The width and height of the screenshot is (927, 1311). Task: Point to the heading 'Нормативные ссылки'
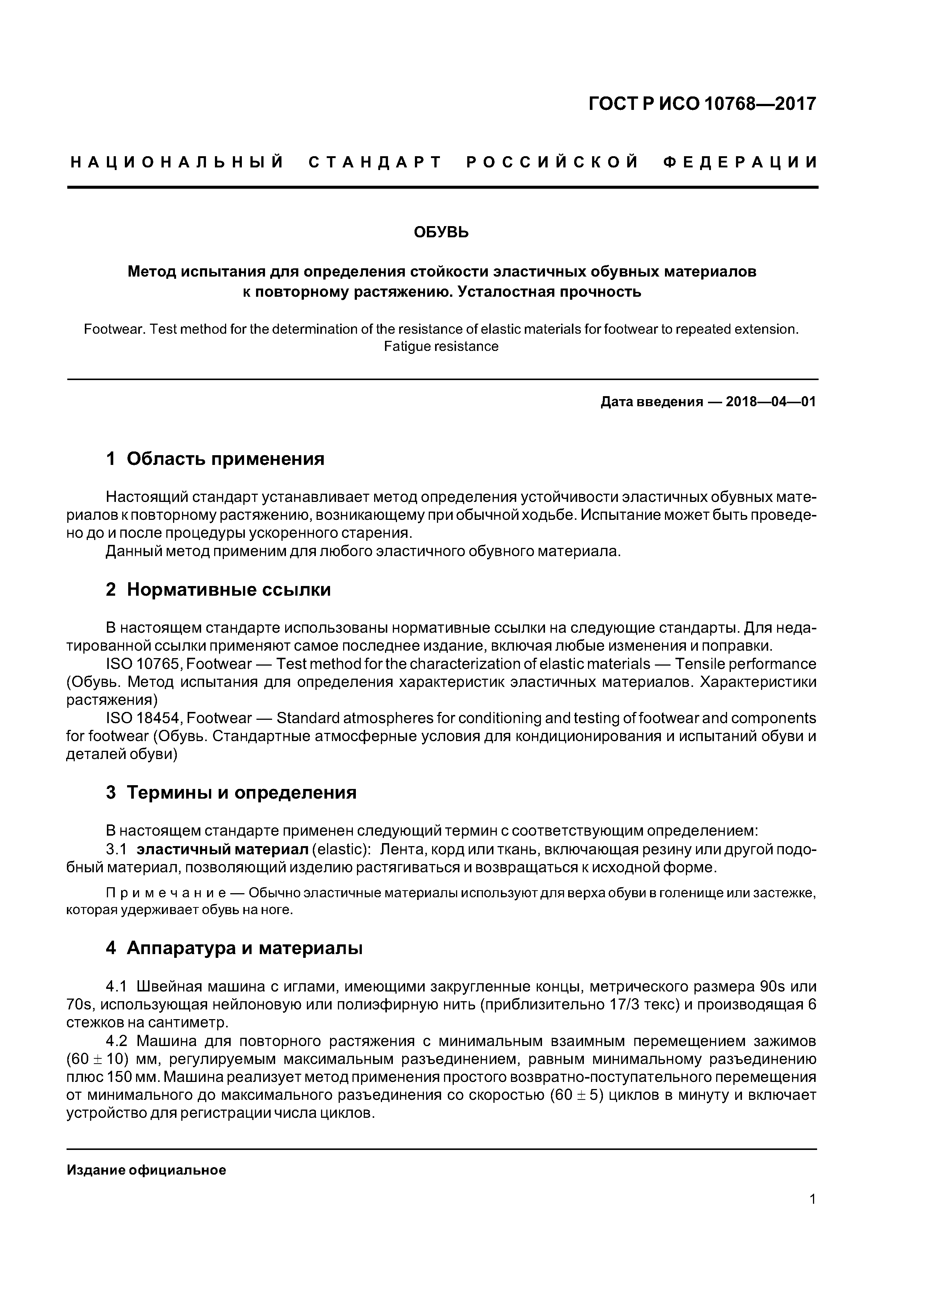click(x=228, y=589)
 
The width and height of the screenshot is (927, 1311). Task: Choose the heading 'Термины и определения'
click(x=241, y=793)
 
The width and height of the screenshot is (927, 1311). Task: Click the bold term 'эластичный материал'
click(x=223, y=849)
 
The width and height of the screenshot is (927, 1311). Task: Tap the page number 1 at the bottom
click(x=812, y=1199)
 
